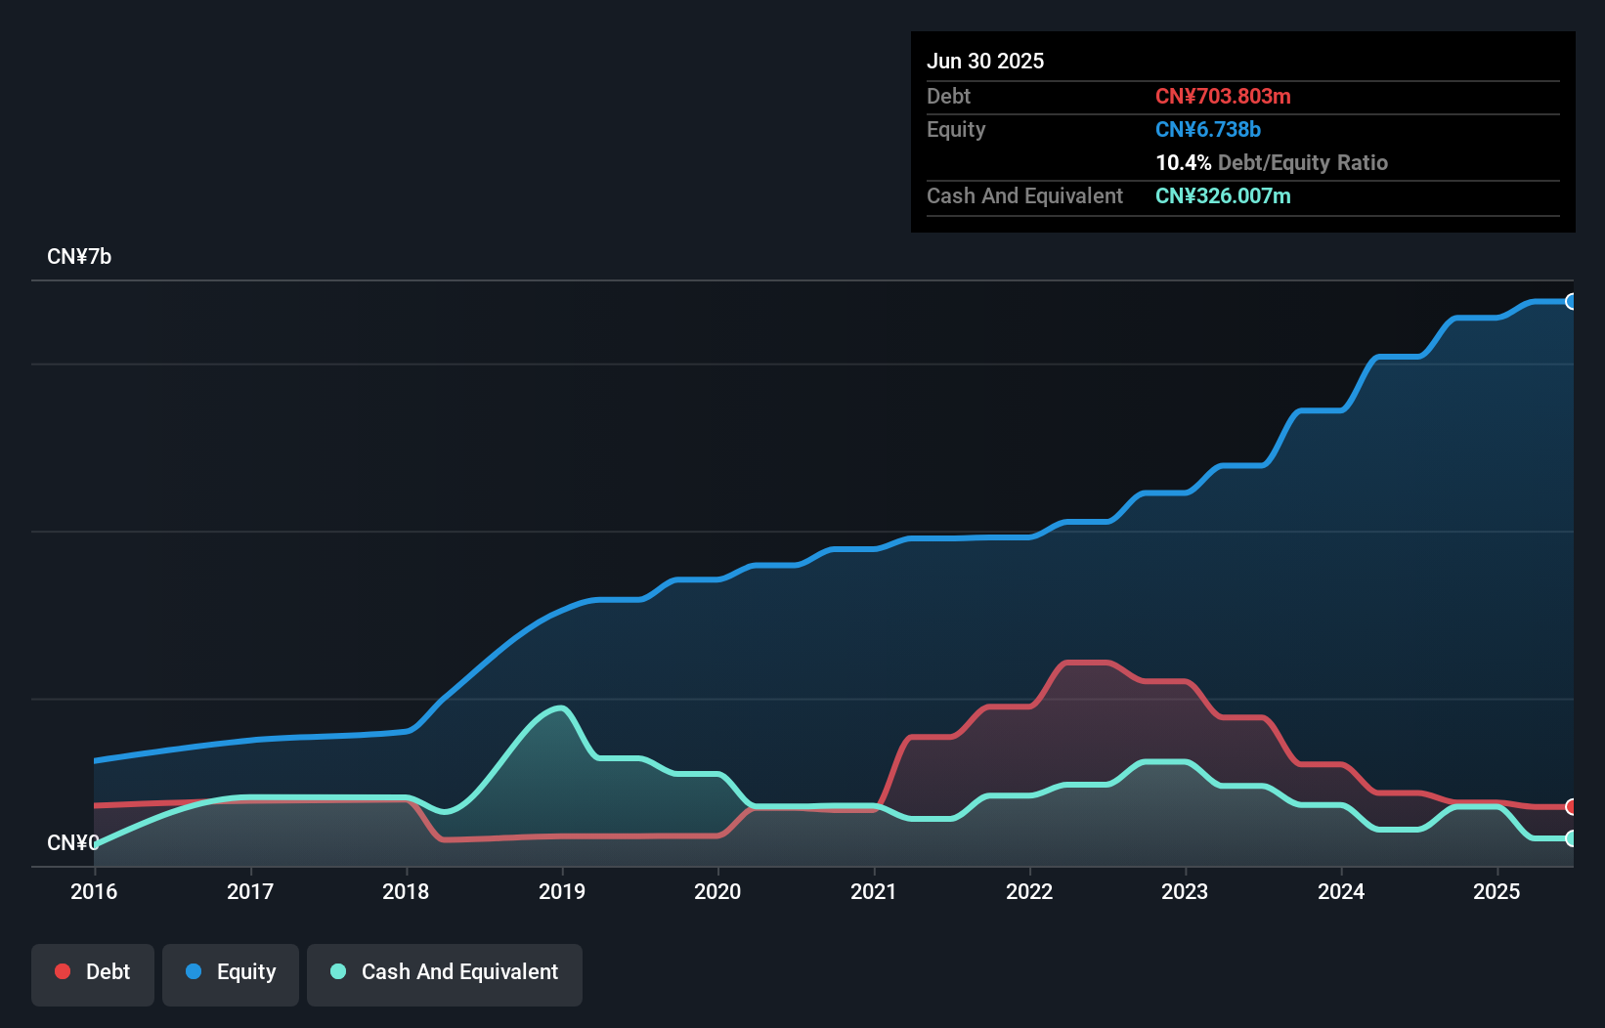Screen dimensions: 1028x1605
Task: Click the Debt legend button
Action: pyautogui.click(x=93, y=972)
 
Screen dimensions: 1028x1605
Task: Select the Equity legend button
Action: pyautogui.click(x=231, y=972)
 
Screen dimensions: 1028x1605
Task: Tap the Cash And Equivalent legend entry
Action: pyautogui.click(x=445, y=972)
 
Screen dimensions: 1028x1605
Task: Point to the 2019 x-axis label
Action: pyautogui.click(x=562, y=891)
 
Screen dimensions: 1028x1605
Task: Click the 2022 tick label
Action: pyautogui.click(x=1029, y=891)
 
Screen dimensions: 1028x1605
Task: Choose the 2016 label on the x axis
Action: pyautogui.click(x=94, y=891)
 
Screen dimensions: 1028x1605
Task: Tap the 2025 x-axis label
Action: pyautogui.click(x=1497, y=891)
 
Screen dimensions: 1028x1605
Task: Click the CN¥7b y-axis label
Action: pyautogui.click(x=79, y=257)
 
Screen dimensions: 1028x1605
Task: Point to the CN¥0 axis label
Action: pyautogui.click(x=72, y=842)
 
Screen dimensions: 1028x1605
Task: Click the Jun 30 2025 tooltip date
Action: pyautogui.click(x=985, y=62)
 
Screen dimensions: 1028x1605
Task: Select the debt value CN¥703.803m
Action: pyautogui.click(x=1223, y=97)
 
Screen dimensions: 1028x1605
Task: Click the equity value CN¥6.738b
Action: pyautogui.click(x=1208, y=130)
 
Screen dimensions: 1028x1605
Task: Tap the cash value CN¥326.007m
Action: pyautogui.click(x=1223, y=196)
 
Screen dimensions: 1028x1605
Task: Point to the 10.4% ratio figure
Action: pyautogui.click(x=1184, y=163)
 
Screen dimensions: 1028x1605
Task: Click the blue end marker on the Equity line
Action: pyautogui.click(x=1571, y=302)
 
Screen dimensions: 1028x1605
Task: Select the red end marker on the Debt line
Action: pyautogui.click(x=1571, y=807)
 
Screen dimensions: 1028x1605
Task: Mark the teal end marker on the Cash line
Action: pyautogui.click(x=1571, y=838)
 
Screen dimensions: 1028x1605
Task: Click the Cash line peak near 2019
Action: pyautogui.click(x=560, y=707)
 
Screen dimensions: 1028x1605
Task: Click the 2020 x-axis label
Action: pyautogui.click(x=717, y=891)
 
